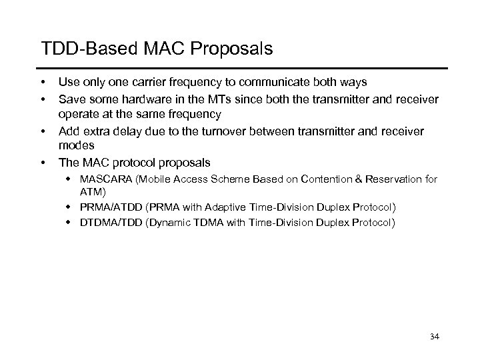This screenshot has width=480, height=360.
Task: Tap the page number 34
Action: [435, 337]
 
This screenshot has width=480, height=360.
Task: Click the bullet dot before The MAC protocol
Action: [43, 162]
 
